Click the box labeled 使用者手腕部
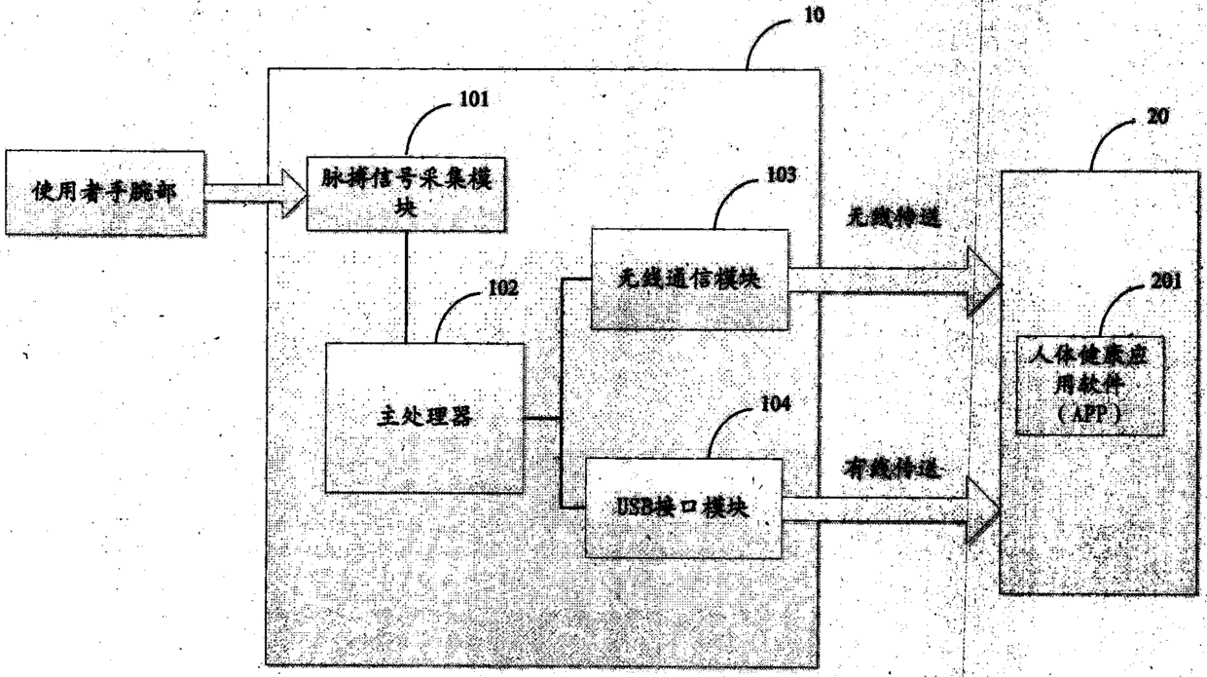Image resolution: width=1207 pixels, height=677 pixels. [104, 193]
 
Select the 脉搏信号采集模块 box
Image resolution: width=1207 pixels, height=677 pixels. [406, 192]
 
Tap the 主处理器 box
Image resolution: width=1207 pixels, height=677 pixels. [423, 418]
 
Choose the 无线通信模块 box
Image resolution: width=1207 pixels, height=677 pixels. [689, 278]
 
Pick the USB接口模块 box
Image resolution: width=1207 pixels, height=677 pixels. [683, 508]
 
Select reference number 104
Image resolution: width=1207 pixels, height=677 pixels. [776, 401]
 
